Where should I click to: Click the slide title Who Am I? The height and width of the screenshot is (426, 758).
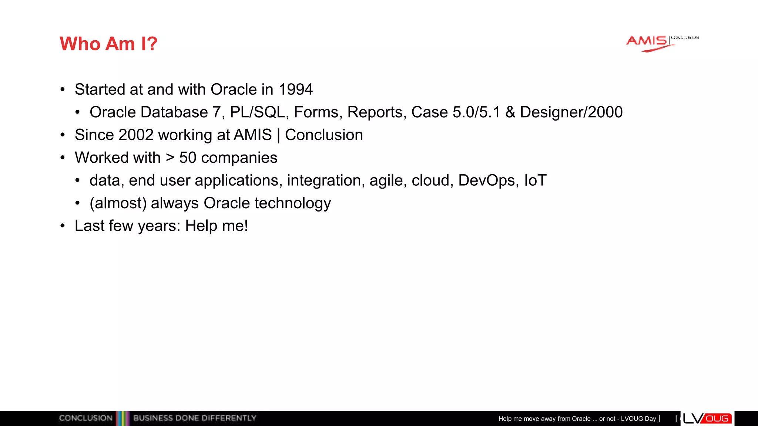click(x=108, y=44)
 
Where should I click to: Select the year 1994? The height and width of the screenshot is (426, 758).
click(x=295, y=89)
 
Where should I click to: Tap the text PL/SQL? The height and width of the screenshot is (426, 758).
click(x=257, y=112)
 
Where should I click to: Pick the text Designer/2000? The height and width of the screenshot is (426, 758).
click(x=571, y=112)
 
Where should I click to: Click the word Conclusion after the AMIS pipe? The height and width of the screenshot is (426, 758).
click(x=324, y=135)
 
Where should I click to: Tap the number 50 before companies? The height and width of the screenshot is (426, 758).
click(x=188, y=158)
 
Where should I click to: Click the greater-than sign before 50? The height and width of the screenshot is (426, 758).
click(x=170, y=158)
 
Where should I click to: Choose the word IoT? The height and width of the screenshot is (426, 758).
click(x=535, y=180)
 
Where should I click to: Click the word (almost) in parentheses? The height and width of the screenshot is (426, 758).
click(x=118, y=203)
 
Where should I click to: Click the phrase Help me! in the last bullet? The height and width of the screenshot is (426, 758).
click(x=217, y=226)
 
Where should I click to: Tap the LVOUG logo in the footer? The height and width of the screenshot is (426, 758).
click(x=707, y=418)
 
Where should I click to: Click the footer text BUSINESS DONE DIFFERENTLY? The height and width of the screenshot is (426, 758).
click(x=195, y=418)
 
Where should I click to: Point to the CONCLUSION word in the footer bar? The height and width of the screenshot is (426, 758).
click(x=85, y=418)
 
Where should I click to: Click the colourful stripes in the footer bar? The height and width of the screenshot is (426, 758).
click(x=123, y=418)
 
